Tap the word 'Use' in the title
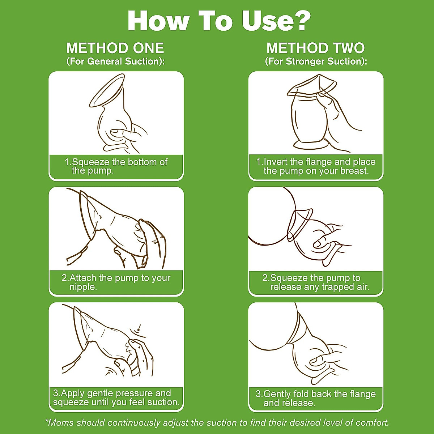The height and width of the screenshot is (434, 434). [263, 21]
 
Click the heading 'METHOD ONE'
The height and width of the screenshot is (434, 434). [115, 48]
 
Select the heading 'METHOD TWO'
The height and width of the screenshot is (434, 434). [315, 48]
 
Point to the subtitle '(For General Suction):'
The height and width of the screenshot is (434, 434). [115, 61]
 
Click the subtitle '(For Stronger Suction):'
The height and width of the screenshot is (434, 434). [316, 61]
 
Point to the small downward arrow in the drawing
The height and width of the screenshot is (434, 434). [139, 327]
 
